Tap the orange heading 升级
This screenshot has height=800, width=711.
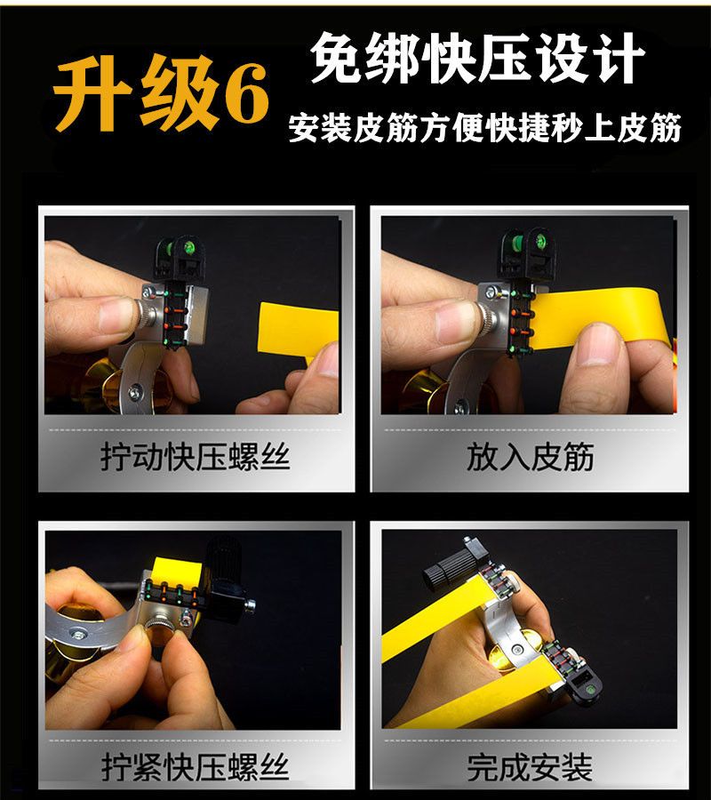(137, 93)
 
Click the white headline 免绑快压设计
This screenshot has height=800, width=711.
(478, 57)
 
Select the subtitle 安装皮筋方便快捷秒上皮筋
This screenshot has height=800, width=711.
(485, 127)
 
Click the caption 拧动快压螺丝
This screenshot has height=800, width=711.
(196, 456)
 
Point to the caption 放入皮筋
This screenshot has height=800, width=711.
(530, 456)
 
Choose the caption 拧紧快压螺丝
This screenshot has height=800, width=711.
(196, 766)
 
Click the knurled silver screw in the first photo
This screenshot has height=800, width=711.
(147, 315)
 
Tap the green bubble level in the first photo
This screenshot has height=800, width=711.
(188, 248)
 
